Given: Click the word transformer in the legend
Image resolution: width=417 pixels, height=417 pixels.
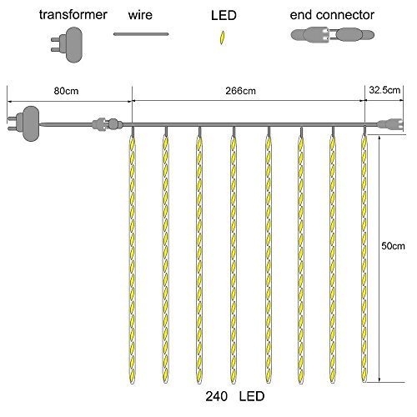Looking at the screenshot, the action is coord(73,14).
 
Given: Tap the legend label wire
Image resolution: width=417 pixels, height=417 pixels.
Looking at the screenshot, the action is coord(140,14).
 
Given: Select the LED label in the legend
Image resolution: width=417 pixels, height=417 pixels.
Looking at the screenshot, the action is coord(224,15).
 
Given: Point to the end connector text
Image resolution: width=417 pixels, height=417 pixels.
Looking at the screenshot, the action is coord(332,15).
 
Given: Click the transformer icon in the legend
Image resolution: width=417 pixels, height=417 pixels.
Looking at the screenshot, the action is coord(69,44).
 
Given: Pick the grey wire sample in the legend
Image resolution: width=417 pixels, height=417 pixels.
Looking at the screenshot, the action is coord(141,34).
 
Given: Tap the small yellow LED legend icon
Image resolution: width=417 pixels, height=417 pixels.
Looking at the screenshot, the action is coord(222,38).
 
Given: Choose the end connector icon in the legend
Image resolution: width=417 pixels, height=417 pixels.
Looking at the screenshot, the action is coord(333,35).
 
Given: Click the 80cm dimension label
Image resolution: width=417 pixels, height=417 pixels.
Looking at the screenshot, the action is coord(66,91).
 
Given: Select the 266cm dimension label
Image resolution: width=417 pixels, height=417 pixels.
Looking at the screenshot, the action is coord(240,91).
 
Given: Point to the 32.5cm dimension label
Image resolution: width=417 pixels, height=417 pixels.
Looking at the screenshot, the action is coord(384,90).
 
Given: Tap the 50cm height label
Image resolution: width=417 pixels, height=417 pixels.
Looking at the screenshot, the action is coord(393,246).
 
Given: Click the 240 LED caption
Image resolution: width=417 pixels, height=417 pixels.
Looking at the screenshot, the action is coord(235,396).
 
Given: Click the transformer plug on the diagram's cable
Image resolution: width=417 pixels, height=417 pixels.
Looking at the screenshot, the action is coord(24,123).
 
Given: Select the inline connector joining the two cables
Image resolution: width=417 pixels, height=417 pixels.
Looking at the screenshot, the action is coord(108,124).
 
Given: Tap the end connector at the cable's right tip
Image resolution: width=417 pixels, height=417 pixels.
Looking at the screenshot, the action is coord(390,124).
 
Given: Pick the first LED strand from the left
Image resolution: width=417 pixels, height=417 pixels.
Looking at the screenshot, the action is coord(133,256).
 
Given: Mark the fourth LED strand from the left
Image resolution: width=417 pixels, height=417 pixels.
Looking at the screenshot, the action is coord(234,256).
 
